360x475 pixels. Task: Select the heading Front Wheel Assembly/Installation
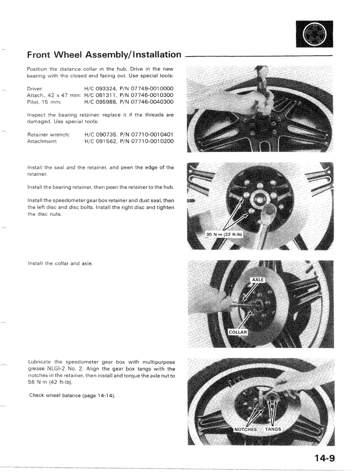point(104,55)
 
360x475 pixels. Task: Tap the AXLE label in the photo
point(257,280)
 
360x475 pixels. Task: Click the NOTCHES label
point(246,429)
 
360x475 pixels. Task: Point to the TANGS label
point(272,429)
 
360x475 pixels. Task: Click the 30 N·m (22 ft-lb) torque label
point(225,234)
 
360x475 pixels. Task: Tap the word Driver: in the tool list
point(35,89)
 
